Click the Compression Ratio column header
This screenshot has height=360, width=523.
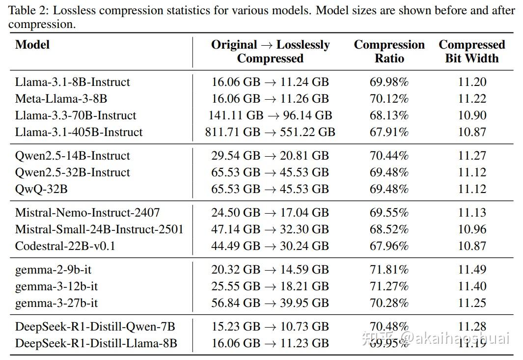click(389, 52)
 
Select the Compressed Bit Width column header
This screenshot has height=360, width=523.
click(471, 52)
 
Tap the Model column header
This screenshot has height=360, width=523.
click(32, 45)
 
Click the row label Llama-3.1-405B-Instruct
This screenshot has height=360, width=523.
click(79, 132)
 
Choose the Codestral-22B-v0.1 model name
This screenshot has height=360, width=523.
click(65, 246)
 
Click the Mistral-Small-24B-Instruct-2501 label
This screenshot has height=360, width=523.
click(99, 229)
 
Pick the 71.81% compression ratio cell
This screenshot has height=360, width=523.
click(389, 270)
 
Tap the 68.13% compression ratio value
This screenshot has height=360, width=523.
click(389, 115)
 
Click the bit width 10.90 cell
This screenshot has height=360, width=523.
click(472, 115)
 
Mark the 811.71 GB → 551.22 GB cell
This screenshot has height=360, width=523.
click(270, 132)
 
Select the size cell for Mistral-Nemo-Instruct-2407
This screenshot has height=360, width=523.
click(270, 213)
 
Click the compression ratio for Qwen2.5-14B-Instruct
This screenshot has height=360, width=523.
click(389, 156)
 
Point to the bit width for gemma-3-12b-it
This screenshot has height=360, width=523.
click(472, 286)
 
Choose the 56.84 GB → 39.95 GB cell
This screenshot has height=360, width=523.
click(270, 303)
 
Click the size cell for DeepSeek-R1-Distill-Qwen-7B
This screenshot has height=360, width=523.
click(270, 327)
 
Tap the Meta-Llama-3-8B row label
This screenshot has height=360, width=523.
click(61, 99)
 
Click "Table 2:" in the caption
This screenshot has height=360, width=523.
click(26, 10)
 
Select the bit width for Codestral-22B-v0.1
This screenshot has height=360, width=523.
click(472, 246)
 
